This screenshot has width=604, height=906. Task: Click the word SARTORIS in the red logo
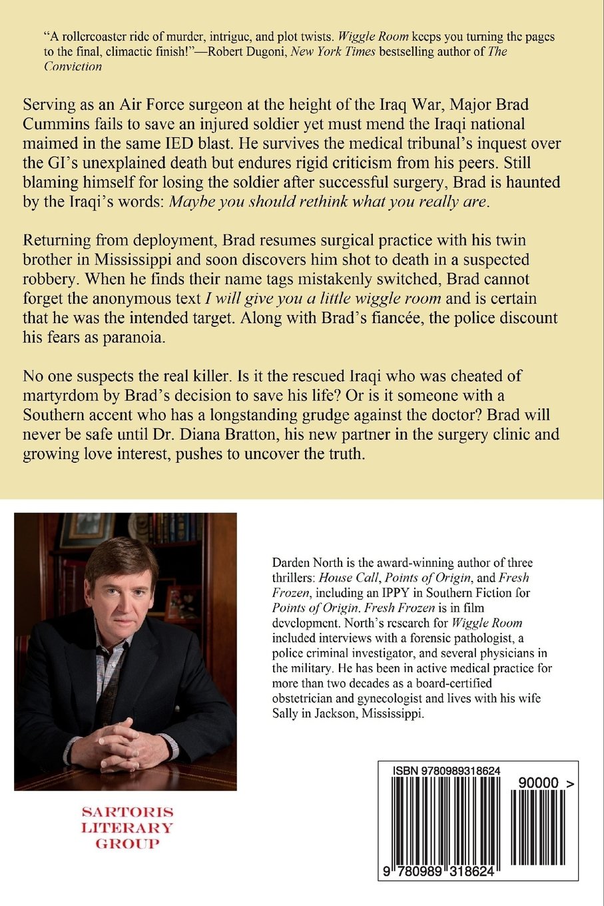pyautogui.click(x=127, y=812)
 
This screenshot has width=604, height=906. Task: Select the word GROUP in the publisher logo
pyautogui.click(x=127, y=844)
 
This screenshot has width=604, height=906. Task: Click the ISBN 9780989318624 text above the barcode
pyautogui.click(x=446, y=771)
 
